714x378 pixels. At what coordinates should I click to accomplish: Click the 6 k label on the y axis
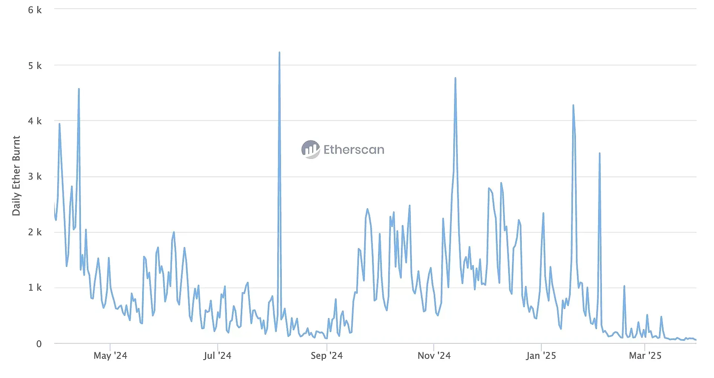pyautogui.click(x=35, y=10)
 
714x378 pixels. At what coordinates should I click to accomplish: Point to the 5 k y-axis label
pyautogui.click(x=35, y=66)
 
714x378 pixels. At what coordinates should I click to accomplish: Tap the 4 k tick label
pyautogui.click(x=35, y=121)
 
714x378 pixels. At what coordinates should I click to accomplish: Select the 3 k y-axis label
pyautogui.click(x=35, y=177)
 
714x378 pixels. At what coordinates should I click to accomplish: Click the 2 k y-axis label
pyautogui.click(x=35, y=232)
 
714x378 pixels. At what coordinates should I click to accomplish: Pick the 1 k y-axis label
pyautogui.click(x=35, y=288)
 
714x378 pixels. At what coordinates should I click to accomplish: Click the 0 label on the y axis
pyautogui.click(x=39, y=344)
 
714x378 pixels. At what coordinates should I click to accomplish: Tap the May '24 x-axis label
pyautogui.click(x=110, y=356)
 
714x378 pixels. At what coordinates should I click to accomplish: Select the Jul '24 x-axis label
pyautogui.click(x=217, y=356)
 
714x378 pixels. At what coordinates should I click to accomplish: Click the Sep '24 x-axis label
pyautogui.click(x=327, y=356)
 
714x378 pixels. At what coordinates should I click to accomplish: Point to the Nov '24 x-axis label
pyautogui.click(x=434, y=356)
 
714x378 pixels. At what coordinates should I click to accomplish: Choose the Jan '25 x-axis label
pyautogui.click(x=541, y=356)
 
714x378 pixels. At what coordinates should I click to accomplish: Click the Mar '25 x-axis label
pyautogui.click(x=645, y=356)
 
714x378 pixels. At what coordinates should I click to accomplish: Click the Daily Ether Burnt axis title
pyautogui.click(x=16, y=176)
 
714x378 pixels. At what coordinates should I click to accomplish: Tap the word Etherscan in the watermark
pyautogui.click(x=354, y=150)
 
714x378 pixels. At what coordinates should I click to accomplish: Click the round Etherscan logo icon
pyautogui.click(x=310, y=149)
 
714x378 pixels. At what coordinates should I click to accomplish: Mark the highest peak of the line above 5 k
pyautogui.click(x=279, y=53)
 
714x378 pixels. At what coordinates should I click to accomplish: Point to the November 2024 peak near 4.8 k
pyautogui.click(x=455, y=78)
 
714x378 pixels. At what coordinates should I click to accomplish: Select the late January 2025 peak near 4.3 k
pyautogui.click(x=573, y=105)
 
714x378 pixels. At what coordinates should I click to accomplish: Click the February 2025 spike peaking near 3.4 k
pyautogui.click(x=599, y=154)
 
